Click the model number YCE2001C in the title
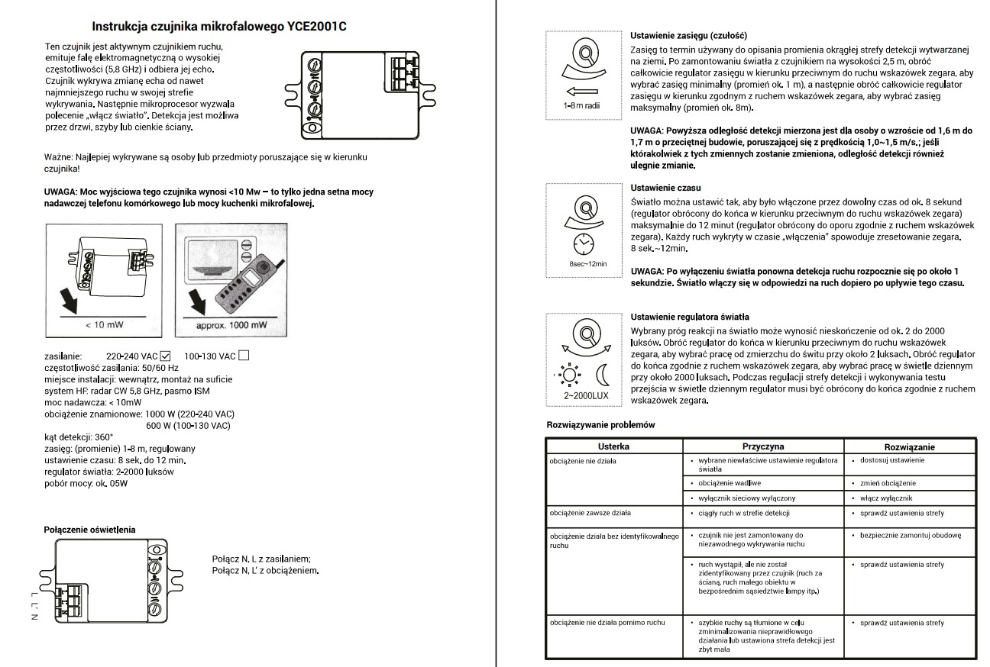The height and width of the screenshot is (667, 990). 315,27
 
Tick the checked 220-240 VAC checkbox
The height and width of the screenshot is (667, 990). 166,355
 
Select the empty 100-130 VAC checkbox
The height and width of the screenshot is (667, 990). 244,355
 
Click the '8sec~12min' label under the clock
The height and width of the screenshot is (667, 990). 587,263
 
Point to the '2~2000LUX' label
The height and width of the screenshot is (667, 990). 586,397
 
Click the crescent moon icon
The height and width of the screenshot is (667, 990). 603,375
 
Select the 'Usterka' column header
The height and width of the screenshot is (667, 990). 613,447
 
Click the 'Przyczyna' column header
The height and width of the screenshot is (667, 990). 763,447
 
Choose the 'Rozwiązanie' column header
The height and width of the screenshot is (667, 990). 909,447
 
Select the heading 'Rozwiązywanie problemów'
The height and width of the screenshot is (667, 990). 600,424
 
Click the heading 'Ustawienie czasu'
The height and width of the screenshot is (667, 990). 665,188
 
